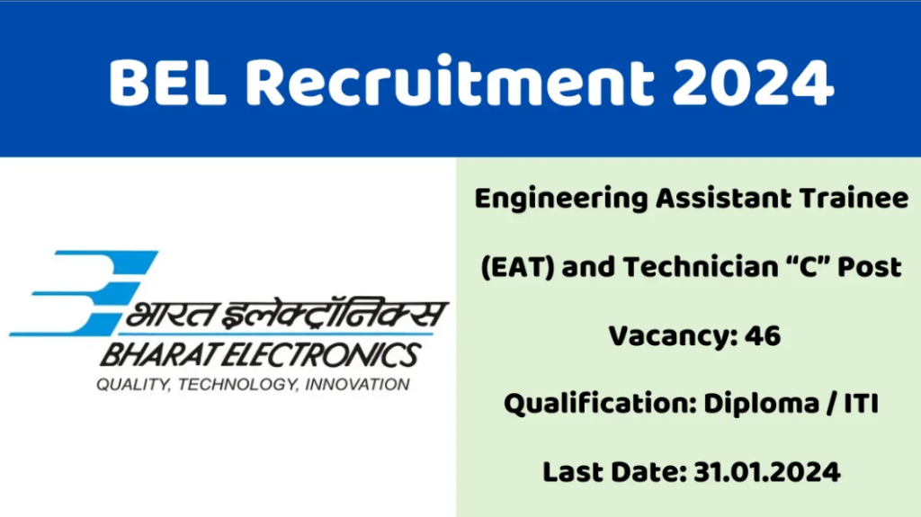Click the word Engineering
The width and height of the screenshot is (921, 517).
pyautogui.click(x=559, y=200)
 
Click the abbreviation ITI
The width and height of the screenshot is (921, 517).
pyautogui.click(x=858, y=404)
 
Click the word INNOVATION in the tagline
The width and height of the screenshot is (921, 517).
pyautogui.click(x=358, y=385)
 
